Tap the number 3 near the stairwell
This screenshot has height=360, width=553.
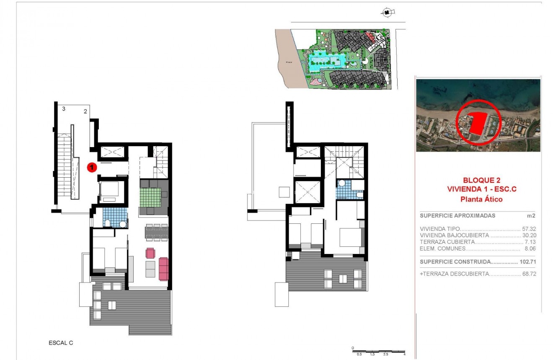pyautogui.click(x=64, y=109)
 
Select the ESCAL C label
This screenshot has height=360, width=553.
pyautogui.click(x=61, y=343)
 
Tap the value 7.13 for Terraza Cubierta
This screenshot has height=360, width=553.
pyautogui.click(x=531, y=242)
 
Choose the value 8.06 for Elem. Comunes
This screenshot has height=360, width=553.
pyautogui.click(x=531, y=249)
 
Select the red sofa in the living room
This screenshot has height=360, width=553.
pyautogui.click(x=163, y=269)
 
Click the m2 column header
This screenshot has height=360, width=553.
pyautogui.click(x=531, y=216)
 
